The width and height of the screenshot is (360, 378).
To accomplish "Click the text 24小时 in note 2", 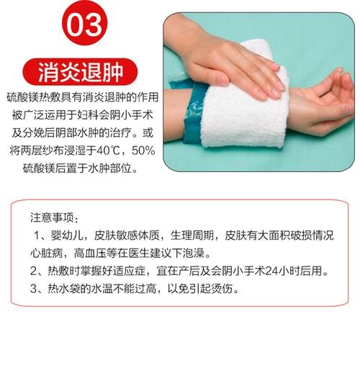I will [279, 272].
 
